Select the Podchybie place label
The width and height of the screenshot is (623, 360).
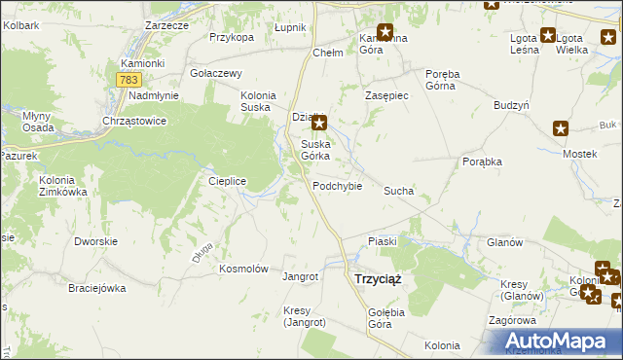click(337, 186)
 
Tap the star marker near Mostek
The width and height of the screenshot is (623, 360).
click(560, 127)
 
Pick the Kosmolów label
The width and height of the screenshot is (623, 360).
click(243, 269)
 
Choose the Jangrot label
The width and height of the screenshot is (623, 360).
click(300, 276)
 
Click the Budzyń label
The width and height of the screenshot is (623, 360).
click(510, 103)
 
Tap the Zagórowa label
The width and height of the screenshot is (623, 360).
click(512, 319)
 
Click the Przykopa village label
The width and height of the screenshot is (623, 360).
click(231, 37)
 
